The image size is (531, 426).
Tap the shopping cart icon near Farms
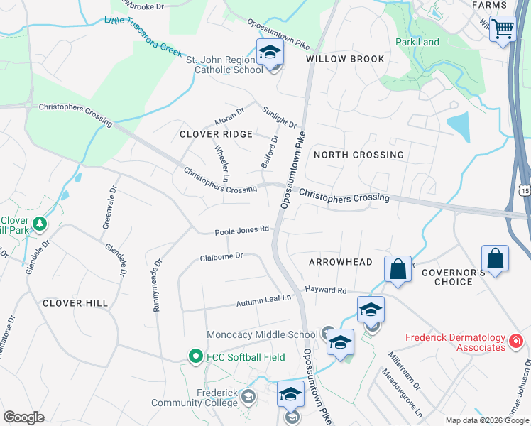coord(503,29)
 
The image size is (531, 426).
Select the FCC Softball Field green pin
coord(194,356)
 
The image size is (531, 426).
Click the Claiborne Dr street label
coord(221,256)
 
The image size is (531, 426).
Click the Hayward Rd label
coord(326,290)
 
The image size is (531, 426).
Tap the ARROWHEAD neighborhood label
coord(341,262)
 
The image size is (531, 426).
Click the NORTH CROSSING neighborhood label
coord(358,154)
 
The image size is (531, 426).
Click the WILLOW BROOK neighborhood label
coord(345,59)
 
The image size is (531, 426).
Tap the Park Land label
coord(417,42)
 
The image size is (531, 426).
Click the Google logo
coord(23,417)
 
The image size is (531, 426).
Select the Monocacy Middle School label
coord(262,334)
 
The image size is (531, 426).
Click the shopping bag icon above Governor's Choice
coord(495,258)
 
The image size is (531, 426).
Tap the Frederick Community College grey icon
coord(248,396)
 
